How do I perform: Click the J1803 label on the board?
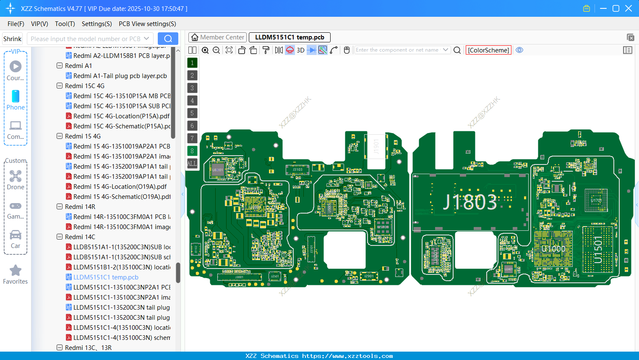tap(470, 202)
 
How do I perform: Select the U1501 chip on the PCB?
tap(598, 249)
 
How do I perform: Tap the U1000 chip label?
tap(553, 249)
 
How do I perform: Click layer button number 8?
tap(192, 151)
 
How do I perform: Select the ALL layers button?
tap(192, 164)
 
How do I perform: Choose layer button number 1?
tap(192, 63)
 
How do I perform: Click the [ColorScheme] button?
tap(488, 50)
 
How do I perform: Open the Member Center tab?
tap(217, 37)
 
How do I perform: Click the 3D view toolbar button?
tap(300, 50)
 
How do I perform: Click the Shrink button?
tap(12, 39)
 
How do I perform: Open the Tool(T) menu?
tap(65, 24)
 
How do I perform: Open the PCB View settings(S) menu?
tap(147, 24)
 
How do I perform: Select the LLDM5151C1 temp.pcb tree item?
tap(106, 277)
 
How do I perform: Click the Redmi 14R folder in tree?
tap(80, 207)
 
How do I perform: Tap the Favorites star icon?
tap(16, 271)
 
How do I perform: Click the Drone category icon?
tap(16, 176)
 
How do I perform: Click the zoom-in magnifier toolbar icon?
tap(205, 50)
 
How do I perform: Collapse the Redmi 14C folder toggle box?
tap(60, 237)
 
